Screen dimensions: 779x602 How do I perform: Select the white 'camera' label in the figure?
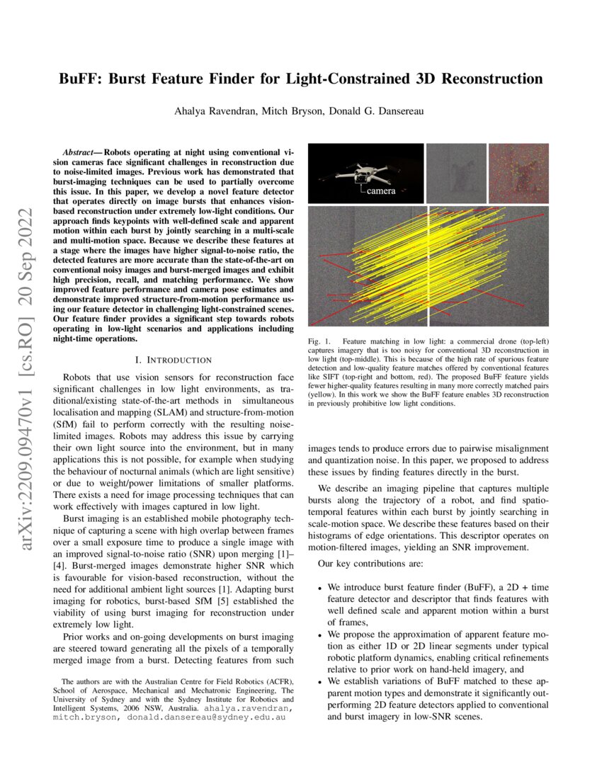[381, 191]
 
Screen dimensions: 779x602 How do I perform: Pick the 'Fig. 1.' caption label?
[317, 342]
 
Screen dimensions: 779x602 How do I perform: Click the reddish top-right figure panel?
[518, 173]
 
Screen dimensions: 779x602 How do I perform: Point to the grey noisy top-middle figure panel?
[456, 173]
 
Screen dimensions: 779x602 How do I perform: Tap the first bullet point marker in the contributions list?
[320, 588]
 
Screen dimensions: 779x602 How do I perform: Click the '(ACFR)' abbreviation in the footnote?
[280, 681]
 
